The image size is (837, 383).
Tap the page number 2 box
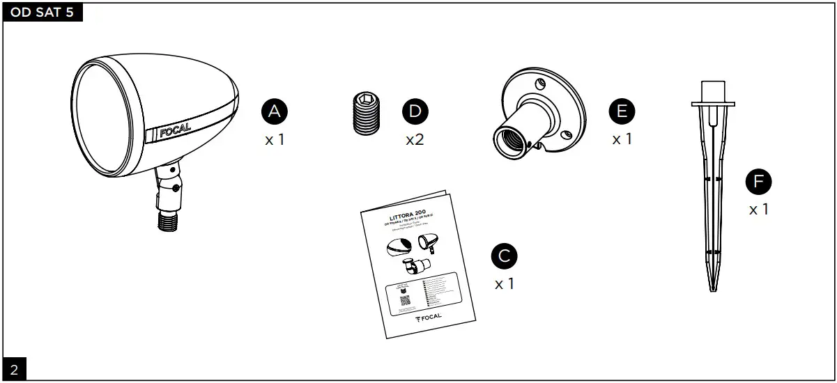tap(13, 369)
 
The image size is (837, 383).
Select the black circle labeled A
tap(275, 111)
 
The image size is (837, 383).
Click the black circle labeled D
tap(415, 111)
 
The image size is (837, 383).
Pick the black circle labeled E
tap(622, 111)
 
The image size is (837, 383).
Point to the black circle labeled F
tap(758, 182)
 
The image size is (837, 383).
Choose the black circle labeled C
tap(504, 256)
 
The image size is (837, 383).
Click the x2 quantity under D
tap(415, 139)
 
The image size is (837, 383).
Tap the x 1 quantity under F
tap(758, 209)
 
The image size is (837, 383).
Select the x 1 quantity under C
tap(504, 284)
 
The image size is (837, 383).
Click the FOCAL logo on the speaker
tap(175, 130)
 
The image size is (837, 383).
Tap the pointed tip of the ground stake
tap(712, 288)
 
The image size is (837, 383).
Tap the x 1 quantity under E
tap(622, 139)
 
